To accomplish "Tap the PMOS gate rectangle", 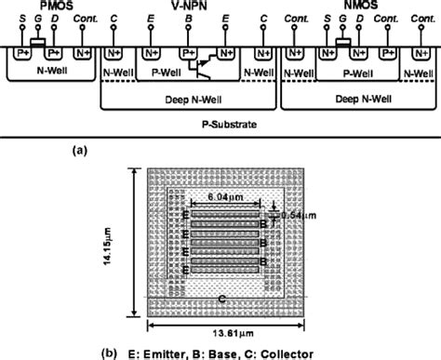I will coord(37,41).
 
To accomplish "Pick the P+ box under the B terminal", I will coord(191,50).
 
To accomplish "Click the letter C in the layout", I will coord(220,299).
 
